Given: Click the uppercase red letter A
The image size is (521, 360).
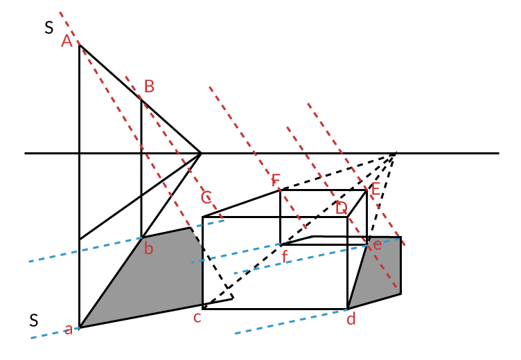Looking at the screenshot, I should click(67, 42).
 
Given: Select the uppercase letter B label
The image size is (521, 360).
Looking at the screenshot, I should click(149, 87).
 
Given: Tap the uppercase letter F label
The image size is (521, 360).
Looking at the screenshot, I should click(276, 181).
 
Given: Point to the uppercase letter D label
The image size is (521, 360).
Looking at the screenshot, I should click(341, 208).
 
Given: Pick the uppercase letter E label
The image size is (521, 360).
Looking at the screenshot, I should click(376, 189).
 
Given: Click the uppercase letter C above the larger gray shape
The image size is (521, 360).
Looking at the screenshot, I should click(206, 198).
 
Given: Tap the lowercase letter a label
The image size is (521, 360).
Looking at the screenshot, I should click(69, 330).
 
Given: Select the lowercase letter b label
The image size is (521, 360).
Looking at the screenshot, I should click(148, 249).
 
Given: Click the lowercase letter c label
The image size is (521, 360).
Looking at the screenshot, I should click(197, 318).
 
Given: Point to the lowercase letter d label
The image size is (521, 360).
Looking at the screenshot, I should click(351, 319).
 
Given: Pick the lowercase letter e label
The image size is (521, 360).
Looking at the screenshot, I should click(377, 244).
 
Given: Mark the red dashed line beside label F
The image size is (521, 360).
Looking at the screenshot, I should click(256, 156).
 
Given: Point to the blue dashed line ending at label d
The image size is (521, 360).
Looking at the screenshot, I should click(291, 321).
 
